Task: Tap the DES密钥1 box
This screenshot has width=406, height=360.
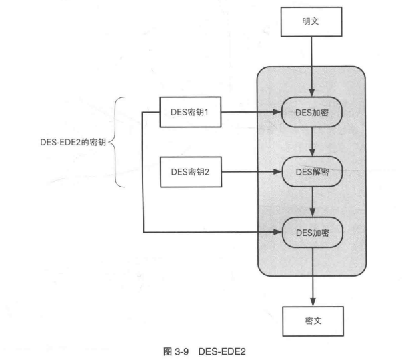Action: point(191,113)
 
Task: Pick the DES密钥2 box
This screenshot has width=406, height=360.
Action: point(191,172)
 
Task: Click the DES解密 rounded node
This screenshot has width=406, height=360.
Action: point(312,172)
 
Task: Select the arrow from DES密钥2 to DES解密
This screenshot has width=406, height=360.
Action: point(251,172)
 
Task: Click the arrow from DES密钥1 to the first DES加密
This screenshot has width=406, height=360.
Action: point(251,113)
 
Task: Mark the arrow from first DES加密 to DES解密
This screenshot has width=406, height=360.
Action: point(312,142)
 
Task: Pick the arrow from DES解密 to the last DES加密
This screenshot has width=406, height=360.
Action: point(312,201)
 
